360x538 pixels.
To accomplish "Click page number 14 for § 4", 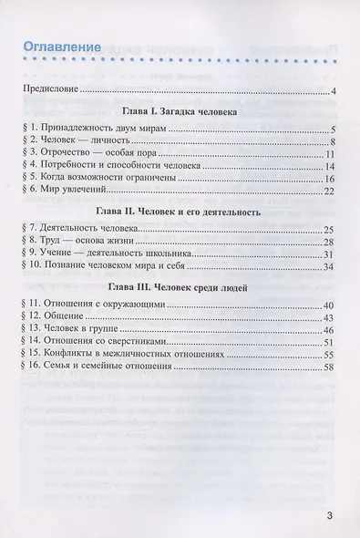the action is click(333, 168).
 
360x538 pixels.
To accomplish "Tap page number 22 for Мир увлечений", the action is click(333, 193).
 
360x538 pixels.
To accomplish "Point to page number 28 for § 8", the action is click(333, 242).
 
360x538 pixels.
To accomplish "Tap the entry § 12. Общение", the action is click(56, 316).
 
